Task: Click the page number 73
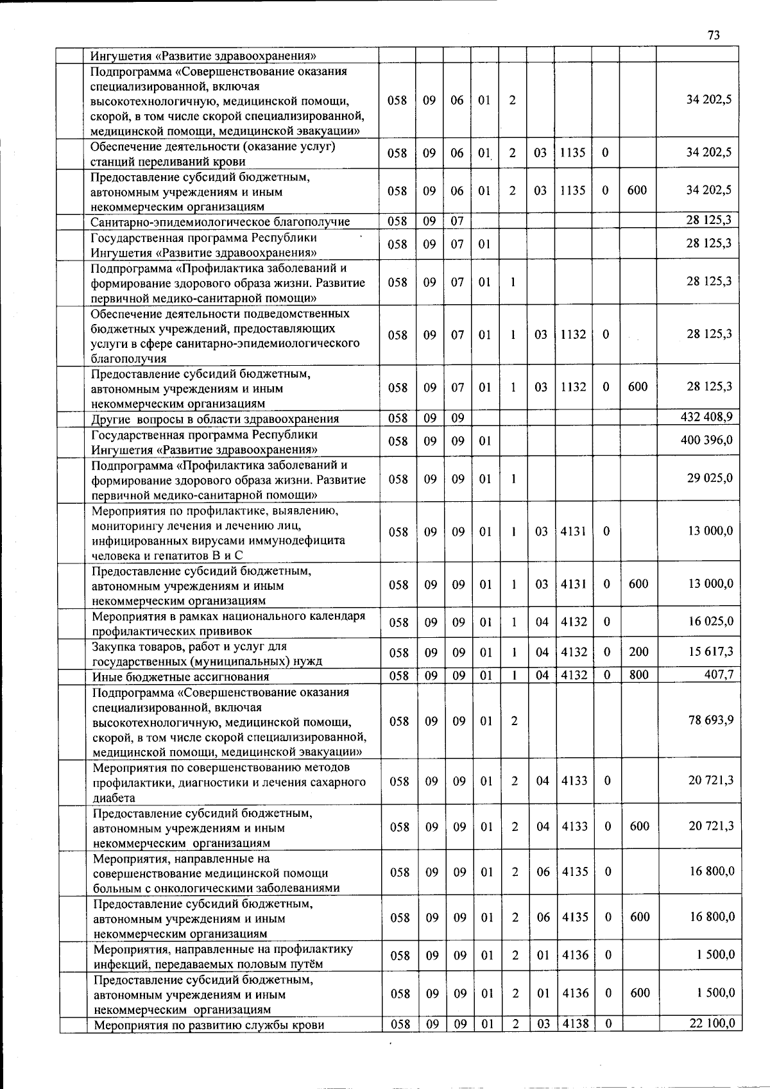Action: pyautogui.click(x=714, y=35)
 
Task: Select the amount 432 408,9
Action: pyautogui.click(x=706, y=418)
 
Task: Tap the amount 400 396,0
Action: pyautogui.click(x=706, y=440)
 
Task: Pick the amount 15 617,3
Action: pyautogui.click(x=711, y=652)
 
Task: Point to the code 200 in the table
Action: pyautogui.click(x=638, y=652)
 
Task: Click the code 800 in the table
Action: pyautogui.click(x=638, y=675)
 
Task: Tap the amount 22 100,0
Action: pyautogui.click(x=712, y=1024)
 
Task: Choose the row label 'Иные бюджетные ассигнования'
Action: pyautogui.click(x=180, y=676)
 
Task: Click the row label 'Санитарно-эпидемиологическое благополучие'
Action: pyautogui.click(x=220, y=222)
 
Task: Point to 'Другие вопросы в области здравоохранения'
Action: pyautogui.click(x=215, y=419)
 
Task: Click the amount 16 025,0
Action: pyautogui.click(x=711, y=621)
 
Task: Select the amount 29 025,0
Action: pyautogui.click(x=710, y=478)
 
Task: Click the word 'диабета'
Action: pyautogui.click(x=114, y=798)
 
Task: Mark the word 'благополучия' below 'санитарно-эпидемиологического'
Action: pyautogui.click(x=128, y=358)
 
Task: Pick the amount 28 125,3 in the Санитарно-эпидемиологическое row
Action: pyautogui.click(x=709, y=220)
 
